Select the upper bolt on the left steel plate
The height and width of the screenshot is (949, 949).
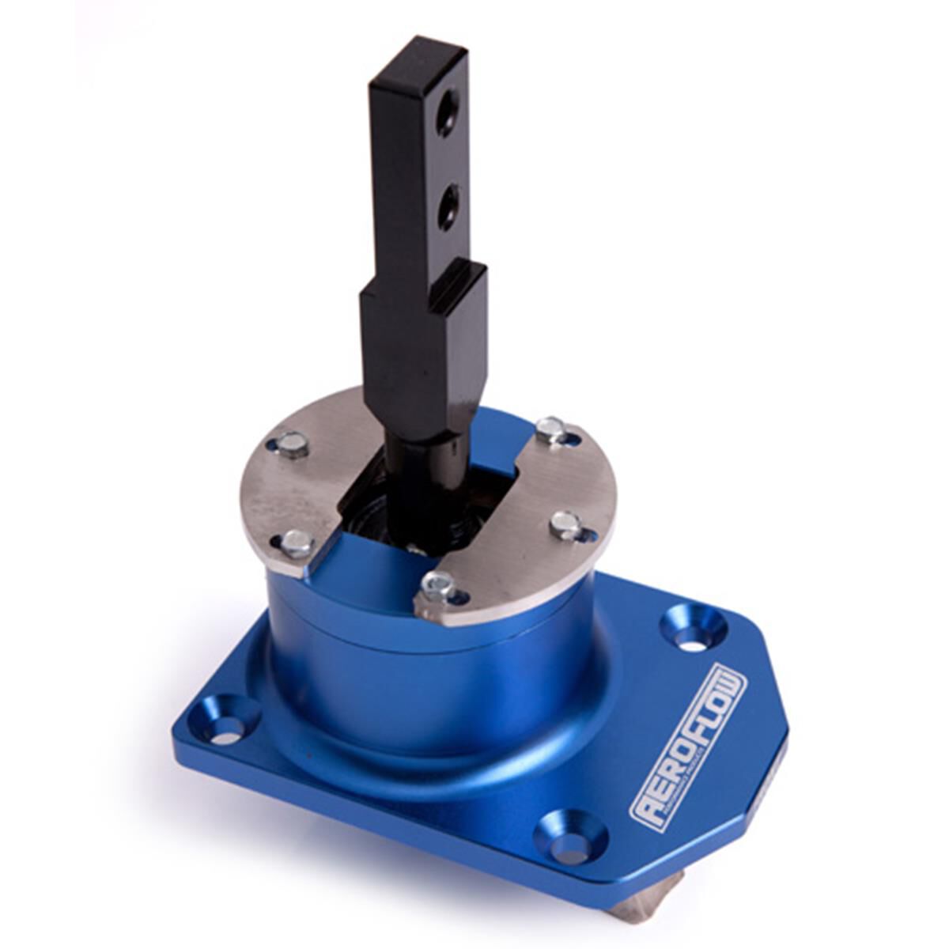293,445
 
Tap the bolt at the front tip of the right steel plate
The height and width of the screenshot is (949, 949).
437,586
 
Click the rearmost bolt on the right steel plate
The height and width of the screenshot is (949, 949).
551,429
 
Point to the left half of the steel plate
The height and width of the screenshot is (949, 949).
301,490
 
